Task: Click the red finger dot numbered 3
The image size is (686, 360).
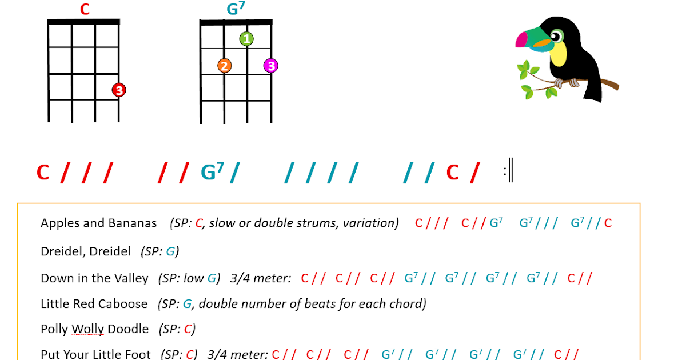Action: point(118,90)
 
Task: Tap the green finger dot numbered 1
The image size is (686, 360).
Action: point(246,39)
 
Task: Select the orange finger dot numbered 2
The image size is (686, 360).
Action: point(224,66)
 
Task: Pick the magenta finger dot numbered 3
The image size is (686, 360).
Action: point(271,66)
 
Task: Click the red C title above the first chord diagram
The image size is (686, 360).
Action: point(85,10)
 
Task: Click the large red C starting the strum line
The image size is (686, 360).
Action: point(43,173)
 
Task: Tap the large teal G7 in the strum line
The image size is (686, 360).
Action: point(212,172)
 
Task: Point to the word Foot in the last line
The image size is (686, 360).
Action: point(139,354)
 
